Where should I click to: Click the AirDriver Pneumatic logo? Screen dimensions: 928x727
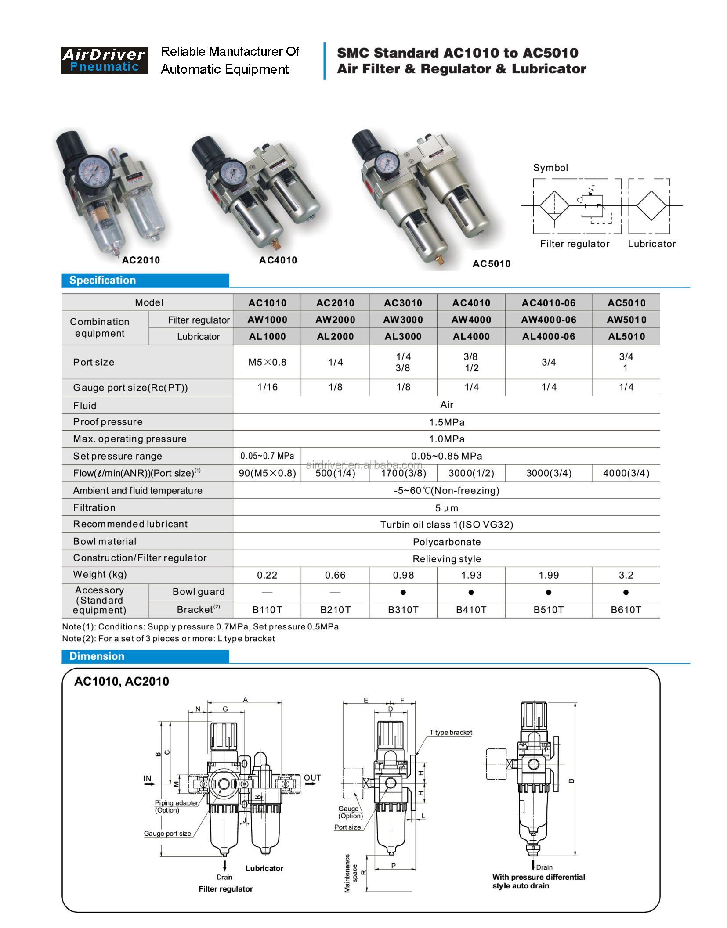[x=104, y=60]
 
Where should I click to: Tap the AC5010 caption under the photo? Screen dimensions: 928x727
[x=491, y=264]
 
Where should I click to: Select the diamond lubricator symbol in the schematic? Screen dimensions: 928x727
[x=651, y=205]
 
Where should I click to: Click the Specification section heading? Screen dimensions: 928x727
[x=102, y=280]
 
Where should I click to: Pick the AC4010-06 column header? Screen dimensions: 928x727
[x=548, y=303]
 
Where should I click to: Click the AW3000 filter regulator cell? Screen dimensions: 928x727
[x=403, y=320]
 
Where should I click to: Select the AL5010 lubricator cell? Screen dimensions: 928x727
[x=626, y=337]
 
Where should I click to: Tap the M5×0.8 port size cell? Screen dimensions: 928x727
[x=267, y=362]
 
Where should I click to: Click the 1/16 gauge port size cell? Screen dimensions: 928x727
[x=267, y=387]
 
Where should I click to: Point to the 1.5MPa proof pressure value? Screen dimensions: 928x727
[x=446, y=422]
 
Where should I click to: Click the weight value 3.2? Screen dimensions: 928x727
[x=626, y=575]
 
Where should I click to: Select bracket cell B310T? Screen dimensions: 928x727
[x=403, y=610]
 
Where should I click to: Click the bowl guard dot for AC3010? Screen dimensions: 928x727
[x=403, y=592]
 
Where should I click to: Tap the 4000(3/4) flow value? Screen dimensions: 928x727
[x=626, y=473]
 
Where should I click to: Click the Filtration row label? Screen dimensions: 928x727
[x=94, y=508]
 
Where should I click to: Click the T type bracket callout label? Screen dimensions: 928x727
[x=450, y=732]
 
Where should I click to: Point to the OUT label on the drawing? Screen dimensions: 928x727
[x=312, y=777]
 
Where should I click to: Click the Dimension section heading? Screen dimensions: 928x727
[x=97, y=656]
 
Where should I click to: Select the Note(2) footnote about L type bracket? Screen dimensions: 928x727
[x=168, y=639]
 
